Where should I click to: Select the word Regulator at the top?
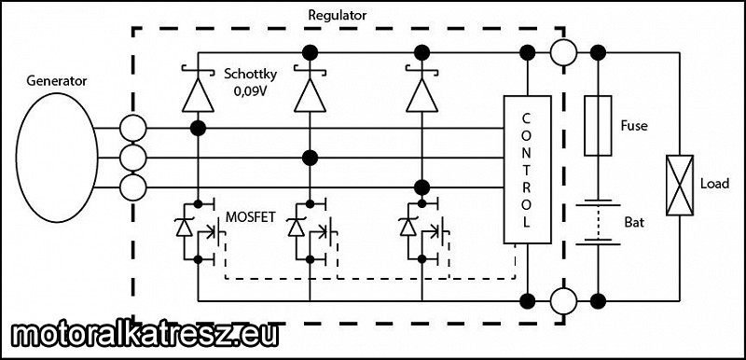[338, 15]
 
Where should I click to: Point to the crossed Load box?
[680, 185]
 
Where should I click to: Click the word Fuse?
[634, 126]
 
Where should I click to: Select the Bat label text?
[635, 222]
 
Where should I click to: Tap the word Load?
[714, 184]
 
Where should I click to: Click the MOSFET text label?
[249, 217]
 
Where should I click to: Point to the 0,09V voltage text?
[250, 90]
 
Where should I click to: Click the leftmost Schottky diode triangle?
[198, 95]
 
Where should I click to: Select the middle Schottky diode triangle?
[310, 95]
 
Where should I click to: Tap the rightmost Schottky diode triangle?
[422, 95]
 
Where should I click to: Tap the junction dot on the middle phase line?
[310, 158]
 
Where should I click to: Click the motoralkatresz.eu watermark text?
[145, 335]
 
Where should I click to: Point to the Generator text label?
[57, 81]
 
